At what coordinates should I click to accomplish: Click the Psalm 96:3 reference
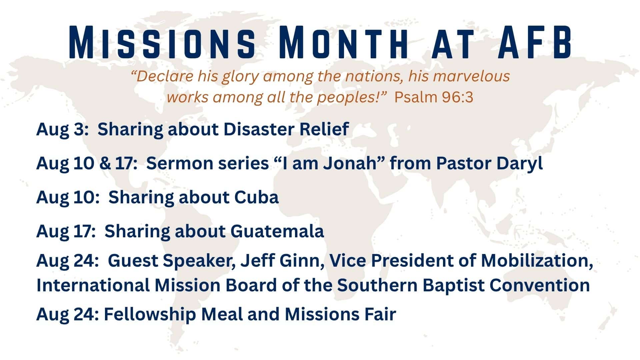coord(434,97)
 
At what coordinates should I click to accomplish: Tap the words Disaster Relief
coord(286,129)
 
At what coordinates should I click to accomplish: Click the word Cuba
coord(256,197)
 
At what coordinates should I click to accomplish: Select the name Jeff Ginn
coord(283,261)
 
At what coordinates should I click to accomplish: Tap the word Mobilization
coord(537,261)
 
